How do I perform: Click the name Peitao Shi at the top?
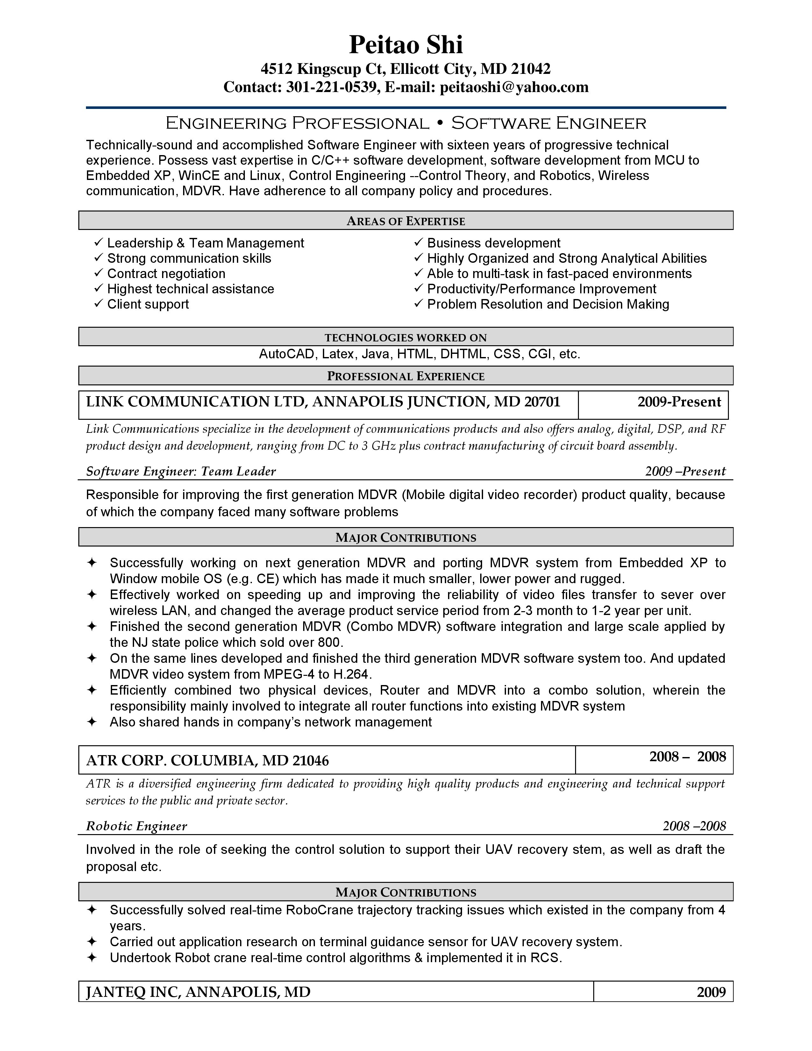405,45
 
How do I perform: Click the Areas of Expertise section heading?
405,221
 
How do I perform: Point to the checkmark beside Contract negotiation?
99,273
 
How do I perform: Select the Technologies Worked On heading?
405,337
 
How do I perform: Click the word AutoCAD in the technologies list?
286,354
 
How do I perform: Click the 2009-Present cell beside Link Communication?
679,402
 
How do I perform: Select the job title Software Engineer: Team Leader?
181,471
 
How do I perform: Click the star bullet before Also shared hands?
91,722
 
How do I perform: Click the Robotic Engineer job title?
136,826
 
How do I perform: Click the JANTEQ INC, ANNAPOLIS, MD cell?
198,992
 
